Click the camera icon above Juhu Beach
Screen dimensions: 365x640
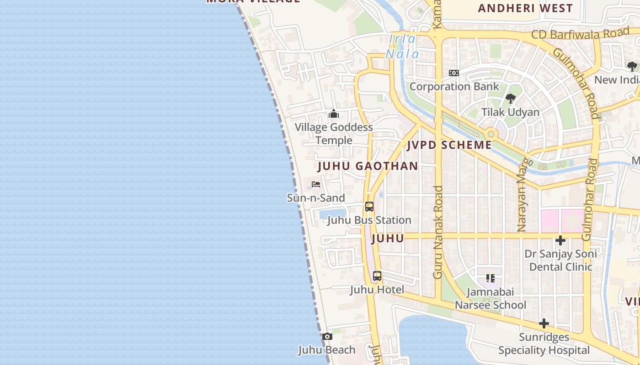(x=327, y=337)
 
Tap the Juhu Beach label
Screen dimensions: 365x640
(x=327, y=350)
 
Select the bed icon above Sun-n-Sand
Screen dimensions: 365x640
(x=316, y=184)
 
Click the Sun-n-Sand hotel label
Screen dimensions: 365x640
(x=316, y=198)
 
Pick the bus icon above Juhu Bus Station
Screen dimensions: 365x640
(x=369, y=207)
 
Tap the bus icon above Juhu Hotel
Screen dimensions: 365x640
(x=377, y=276)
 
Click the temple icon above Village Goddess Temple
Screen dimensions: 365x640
(x=334, y=114)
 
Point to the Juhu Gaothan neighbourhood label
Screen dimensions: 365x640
(x=368, y=166)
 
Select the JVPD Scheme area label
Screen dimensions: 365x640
(x=449, y=146)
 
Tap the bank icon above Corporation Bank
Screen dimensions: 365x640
(x=454, y=73)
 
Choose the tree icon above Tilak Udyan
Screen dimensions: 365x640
(x=511, y=98)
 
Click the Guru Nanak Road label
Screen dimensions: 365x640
(x=438, y=232)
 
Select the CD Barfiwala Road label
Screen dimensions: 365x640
(x=580, y=34)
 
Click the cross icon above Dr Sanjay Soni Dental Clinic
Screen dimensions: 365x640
(x=560, y=240)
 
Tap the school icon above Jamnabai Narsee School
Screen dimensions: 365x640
(x=491, y=278)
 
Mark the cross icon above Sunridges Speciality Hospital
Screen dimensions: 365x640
(x=544, y=324)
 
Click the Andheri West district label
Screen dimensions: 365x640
(x=525, y=8)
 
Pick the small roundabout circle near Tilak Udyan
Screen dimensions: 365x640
(x=491, y=134)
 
